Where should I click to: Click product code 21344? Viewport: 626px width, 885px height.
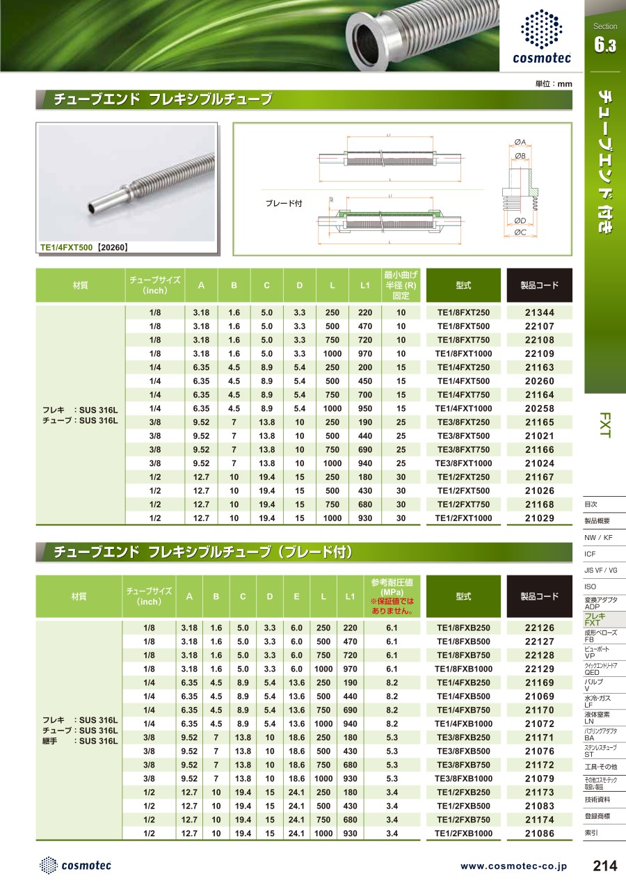tap(539, 313)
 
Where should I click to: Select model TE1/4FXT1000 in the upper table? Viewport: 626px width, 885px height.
tap(463, 408)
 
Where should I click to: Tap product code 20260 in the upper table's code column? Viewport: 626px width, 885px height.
tap(539, 381)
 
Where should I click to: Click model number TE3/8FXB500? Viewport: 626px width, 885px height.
tap(463, 751)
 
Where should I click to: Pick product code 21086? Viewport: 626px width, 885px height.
tap(539, 833)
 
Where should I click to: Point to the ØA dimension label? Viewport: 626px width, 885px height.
tap(520, 142)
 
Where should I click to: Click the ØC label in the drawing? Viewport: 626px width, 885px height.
tap(520, 232)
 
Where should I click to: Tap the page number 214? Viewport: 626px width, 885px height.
tap(604, 866)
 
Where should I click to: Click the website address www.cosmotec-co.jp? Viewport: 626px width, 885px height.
tap(513, 866)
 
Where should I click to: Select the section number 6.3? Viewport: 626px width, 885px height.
tap(604, 46)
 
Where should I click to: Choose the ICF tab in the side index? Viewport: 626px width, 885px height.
tap(590, 554)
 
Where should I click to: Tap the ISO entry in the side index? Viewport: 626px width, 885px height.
tap(590, 587)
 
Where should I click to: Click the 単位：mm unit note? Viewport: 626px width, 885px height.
tap(553, 84)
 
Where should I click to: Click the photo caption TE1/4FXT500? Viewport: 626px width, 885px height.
tap(67, 246)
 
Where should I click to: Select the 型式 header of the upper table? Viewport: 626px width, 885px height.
tap(463, 285)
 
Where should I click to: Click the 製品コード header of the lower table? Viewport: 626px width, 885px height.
tap(539, 596)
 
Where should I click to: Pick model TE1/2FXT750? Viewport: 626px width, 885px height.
tap(463, 504)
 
